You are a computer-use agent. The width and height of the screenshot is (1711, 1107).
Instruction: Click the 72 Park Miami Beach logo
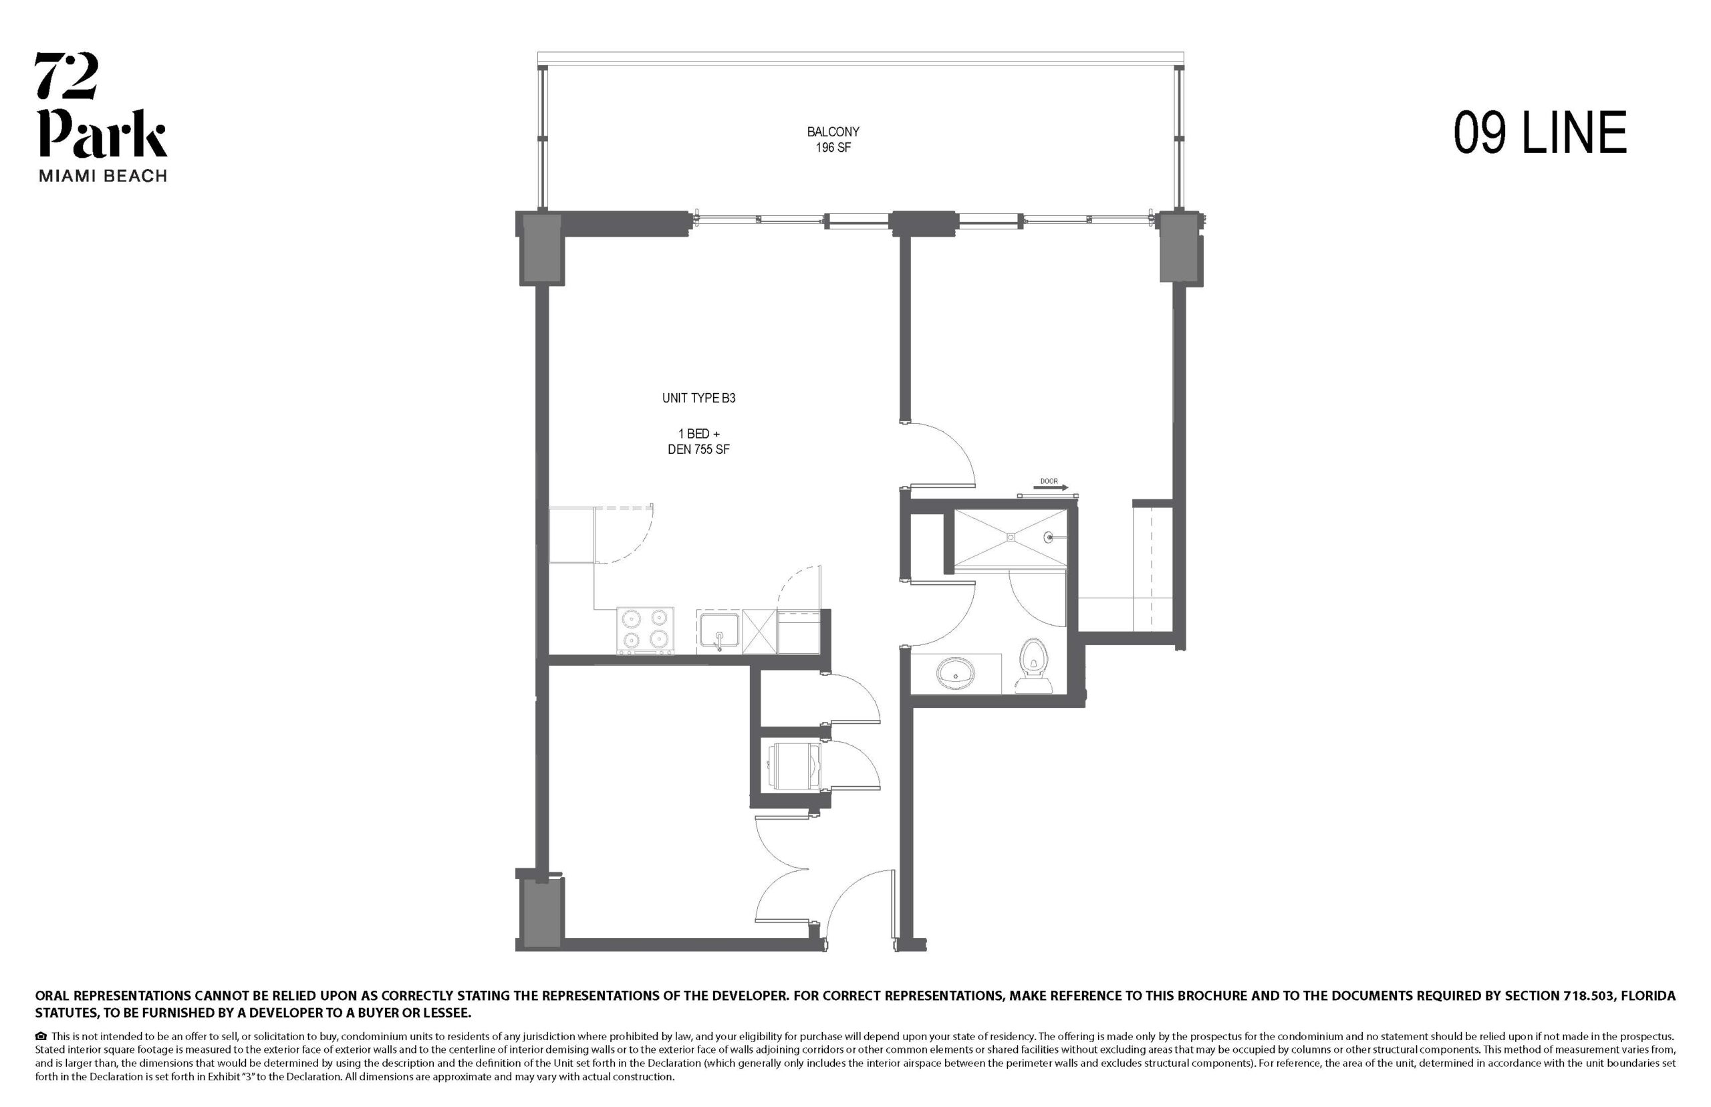coord(102,117)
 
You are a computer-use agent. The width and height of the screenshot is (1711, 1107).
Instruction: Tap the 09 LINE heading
coord(1540,133)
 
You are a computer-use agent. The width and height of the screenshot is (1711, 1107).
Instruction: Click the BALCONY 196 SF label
coord(833,140)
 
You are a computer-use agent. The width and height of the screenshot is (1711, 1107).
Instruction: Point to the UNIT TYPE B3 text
coord(698,398)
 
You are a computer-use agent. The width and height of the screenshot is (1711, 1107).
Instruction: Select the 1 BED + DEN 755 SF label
coord(698,441)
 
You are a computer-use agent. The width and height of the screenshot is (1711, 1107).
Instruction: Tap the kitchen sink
coord(718,630)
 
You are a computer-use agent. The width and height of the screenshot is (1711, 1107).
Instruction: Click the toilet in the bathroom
coord(1033,666)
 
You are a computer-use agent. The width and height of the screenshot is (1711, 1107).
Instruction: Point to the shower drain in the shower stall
coord(1011,536)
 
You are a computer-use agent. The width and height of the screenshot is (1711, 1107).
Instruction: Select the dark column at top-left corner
coord(541,247)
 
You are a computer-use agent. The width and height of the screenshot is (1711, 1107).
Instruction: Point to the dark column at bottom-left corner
coord(541,913)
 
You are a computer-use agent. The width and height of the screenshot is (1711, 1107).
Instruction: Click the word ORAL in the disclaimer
coord(53,996)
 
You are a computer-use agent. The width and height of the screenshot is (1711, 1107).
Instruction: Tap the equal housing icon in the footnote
coord(40,1037)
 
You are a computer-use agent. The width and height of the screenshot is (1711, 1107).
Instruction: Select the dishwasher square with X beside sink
coord(759,631)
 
